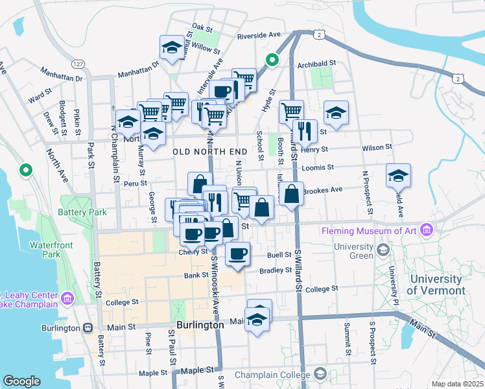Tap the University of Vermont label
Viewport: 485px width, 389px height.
tap(438, 285)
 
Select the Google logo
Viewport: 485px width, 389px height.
tap(21, 381)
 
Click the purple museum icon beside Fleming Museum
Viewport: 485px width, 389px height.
tap(426, 230)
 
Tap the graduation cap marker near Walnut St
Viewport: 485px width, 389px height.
tap(172, 47)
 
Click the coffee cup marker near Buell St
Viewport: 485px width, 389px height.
tap(237, 253)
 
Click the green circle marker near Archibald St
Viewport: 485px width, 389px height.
tap(272, 62)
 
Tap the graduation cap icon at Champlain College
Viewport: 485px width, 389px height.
tap(320, 373)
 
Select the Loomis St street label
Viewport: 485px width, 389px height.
tap(318, 167)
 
